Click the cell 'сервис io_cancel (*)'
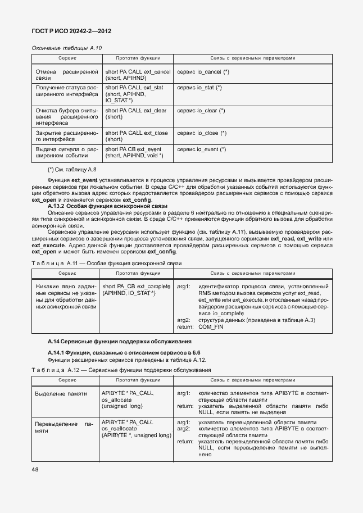click(x=203, y=72)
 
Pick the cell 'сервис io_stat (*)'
click(x=199, y=88)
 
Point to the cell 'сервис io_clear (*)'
click(x=201, y=111)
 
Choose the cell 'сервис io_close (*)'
click(x=201, y=133)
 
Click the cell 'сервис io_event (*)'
click(x=201, y=149)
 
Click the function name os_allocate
click(x=116, y=399)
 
